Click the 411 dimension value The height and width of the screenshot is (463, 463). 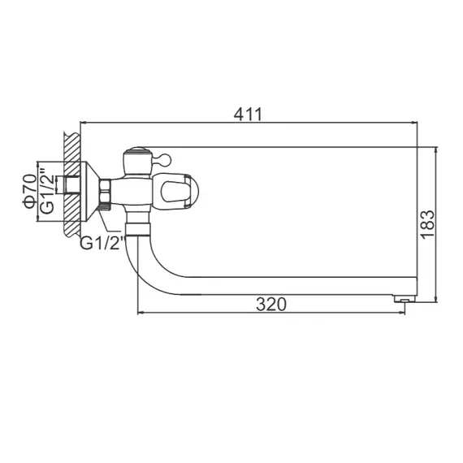coord(249,115)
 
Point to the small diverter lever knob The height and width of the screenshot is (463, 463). coord(162,156)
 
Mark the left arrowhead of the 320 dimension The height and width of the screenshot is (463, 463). coord(140,312)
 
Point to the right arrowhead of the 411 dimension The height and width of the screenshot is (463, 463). coord(414,123)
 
